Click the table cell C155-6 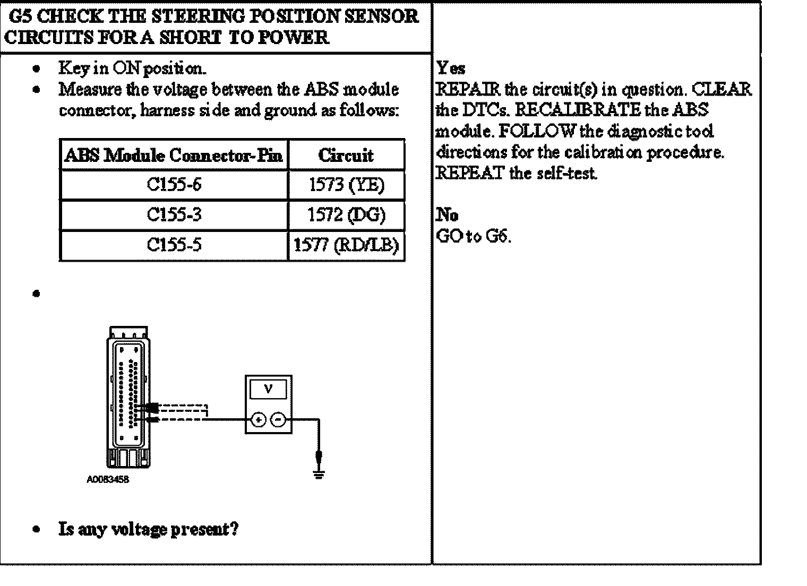pyautogui.click(x=174, y=185)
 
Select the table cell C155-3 pyautogui.click(x=174, y=215)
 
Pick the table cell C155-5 pyautogui.click(x=174, y=245)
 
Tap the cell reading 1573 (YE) pyautogui.click(x=346, y=185)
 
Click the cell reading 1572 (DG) pyautogui.click(x=346, y=215)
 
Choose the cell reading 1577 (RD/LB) pyautogui.click(x=346, y=245)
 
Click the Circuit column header pyautogui.click(x=346, y=155)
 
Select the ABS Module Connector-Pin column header pyautogui.click(x=174, y=155)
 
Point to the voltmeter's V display pyautogui.click(x=268, y=390)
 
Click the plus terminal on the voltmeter pyautogui.click(x=259, y=420)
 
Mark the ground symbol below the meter pyautogui.click(x=319, y=473)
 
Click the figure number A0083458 pyautogui.click(x=108, y=480)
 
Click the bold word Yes pyautogui.click(x=451, y=68)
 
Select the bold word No pyautogui.click(x=447, y=215)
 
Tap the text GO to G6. pyautogui.click(x=474, y=236)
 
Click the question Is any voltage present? pyautogui.click(x=149, y=529)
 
